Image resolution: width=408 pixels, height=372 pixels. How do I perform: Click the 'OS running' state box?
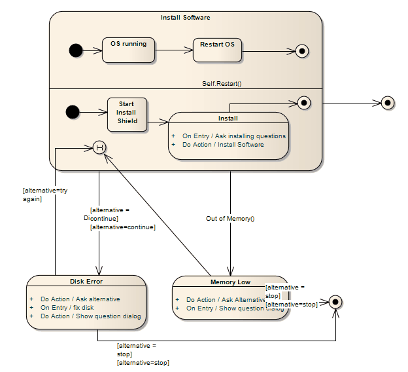click(128, 50)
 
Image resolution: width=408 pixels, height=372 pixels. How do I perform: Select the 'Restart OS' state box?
click(217, 50)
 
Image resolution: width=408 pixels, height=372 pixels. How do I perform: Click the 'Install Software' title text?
click(186, 18)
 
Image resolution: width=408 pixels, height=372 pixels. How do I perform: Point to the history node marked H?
click(99, 147)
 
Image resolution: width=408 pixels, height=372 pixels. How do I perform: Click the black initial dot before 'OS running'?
click(76, 50)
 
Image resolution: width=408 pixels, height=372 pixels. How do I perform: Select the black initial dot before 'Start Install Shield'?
click(73, 112)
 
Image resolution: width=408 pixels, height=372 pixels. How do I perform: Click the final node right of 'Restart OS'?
click(302, 50)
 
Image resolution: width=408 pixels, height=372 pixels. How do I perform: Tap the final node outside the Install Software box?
click(388, 103)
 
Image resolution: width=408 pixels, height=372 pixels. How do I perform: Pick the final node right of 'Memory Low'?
click(335, 302)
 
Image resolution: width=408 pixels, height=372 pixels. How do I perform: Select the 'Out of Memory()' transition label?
click(230, 219)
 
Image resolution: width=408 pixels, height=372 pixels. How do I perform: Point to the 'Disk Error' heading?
click(86, 282)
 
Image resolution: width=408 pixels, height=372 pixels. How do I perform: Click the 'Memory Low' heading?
click(229, 282)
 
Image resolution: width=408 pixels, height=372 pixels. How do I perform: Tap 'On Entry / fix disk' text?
click(67, 308)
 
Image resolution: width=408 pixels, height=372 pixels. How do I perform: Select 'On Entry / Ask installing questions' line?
click(233, 136)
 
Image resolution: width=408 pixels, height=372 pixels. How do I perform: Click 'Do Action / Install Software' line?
click(223, 145)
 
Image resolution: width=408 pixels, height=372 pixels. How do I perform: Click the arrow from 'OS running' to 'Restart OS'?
click(174, 50)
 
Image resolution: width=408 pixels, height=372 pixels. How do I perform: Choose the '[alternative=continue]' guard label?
click(122, 227)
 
